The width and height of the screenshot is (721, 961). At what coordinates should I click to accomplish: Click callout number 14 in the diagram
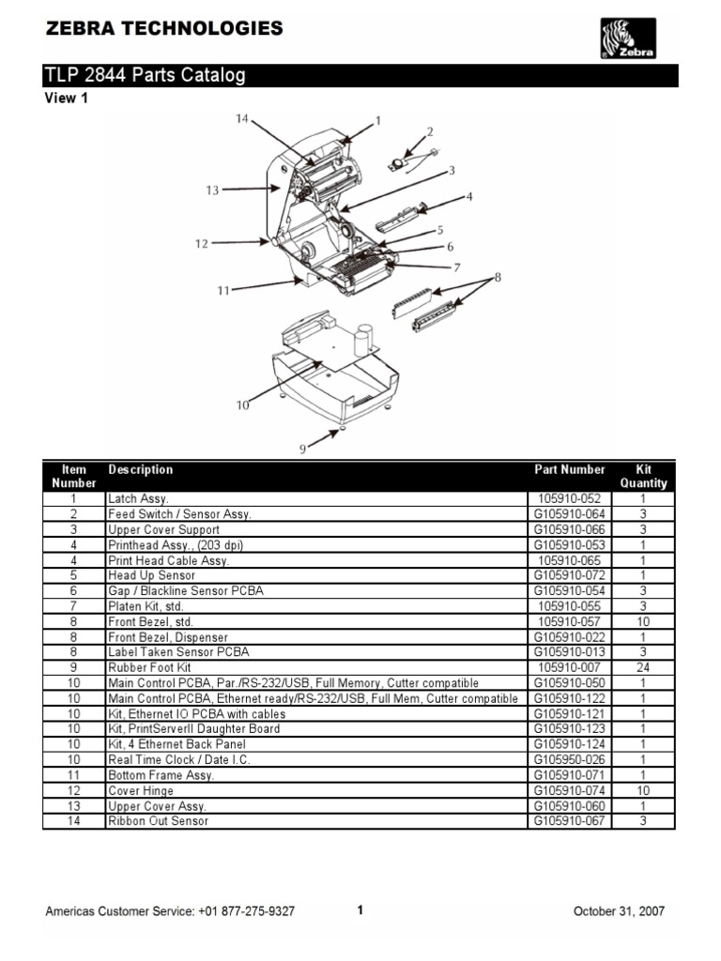(242, 119)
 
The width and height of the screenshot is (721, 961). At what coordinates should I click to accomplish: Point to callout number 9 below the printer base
(303, 450)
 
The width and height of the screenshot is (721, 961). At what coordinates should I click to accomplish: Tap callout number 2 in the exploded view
(430, 132)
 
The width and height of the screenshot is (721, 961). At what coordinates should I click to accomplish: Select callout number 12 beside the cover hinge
(201, 244)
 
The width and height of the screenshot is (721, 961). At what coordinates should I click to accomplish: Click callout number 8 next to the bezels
(498, 277)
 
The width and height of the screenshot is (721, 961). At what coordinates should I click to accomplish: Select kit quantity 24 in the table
(643, 667)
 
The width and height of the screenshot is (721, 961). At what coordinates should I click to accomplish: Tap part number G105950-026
(570, 759)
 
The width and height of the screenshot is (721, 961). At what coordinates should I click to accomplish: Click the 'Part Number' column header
(570, 469)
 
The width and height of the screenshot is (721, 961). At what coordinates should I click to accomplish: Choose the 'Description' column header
(141, 469)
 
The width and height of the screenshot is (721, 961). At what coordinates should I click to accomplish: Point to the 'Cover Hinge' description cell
(141, 790)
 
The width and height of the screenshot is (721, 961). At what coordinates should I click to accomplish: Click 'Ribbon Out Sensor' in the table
(158, 821)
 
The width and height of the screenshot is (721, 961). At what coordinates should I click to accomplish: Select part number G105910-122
(570, 698)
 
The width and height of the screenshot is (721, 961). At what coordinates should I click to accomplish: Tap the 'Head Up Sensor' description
(151, 575)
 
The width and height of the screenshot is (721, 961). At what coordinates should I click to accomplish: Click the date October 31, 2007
(620, 910)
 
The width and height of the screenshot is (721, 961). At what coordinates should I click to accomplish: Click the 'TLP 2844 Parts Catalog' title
(145, 76)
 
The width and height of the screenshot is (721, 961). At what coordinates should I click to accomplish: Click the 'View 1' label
(67, 99)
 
